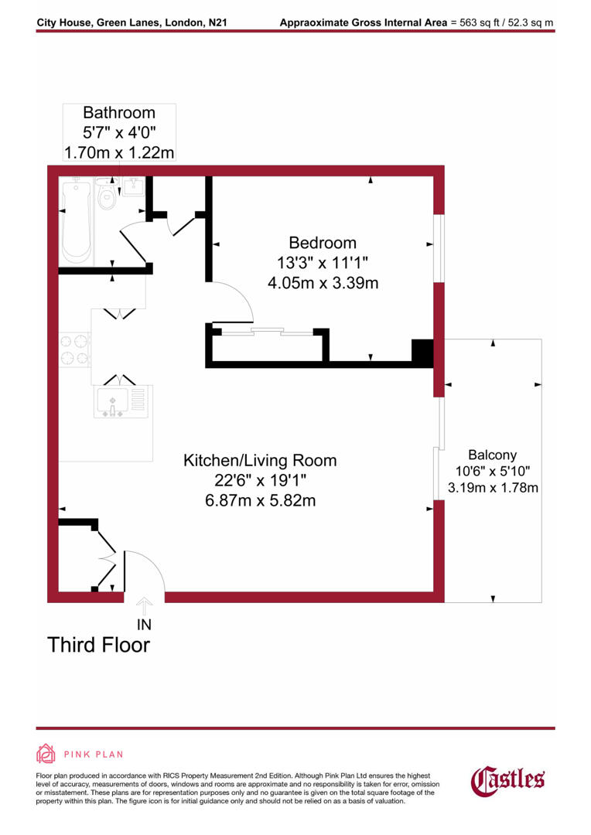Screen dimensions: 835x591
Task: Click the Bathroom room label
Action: click(x=119, y=113)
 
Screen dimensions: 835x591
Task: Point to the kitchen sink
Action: click(x=113, y=401)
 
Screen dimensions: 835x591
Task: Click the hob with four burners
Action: click(x=73, y=349)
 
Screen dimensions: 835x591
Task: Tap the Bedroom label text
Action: click(x=323, y=243)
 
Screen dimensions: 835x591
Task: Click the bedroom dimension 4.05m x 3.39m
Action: click(x=323, y=283)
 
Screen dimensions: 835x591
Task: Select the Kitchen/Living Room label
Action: click(x=260, y=461)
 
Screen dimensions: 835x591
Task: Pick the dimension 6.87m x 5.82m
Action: click(x=260, y=501)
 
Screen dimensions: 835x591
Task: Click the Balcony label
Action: click(x=492, y=455)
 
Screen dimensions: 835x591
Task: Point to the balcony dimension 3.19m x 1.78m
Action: click(x=493, y=488)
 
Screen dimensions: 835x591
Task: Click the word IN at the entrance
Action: click(x=145, y=624)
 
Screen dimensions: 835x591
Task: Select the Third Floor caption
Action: click(x=99, y=645)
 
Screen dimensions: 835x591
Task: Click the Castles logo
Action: click(x=508, y=779)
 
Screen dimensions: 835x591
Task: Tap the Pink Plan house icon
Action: click(x=46, y=754)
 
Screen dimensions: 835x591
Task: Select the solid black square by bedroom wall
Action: click(x=422, y=353)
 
